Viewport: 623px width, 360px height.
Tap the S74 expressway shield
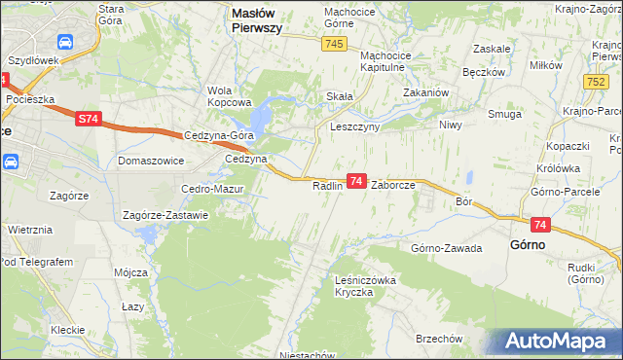(x=88, y=119)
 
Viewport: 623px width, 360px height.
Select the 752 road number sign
(x=599, y=84)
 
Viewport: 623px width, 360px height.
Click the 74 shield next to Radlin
(x=356, y=181)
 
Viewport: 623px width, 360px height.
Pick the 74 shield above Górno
(x=541, y=226)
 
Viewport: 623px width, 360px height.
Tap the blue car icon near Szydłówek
(x=65, y=43)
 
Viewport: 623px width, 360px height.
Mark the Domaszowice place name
(x=151, y=159)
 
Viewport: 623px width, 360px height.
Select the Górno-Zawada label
(x=447, y=248)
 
